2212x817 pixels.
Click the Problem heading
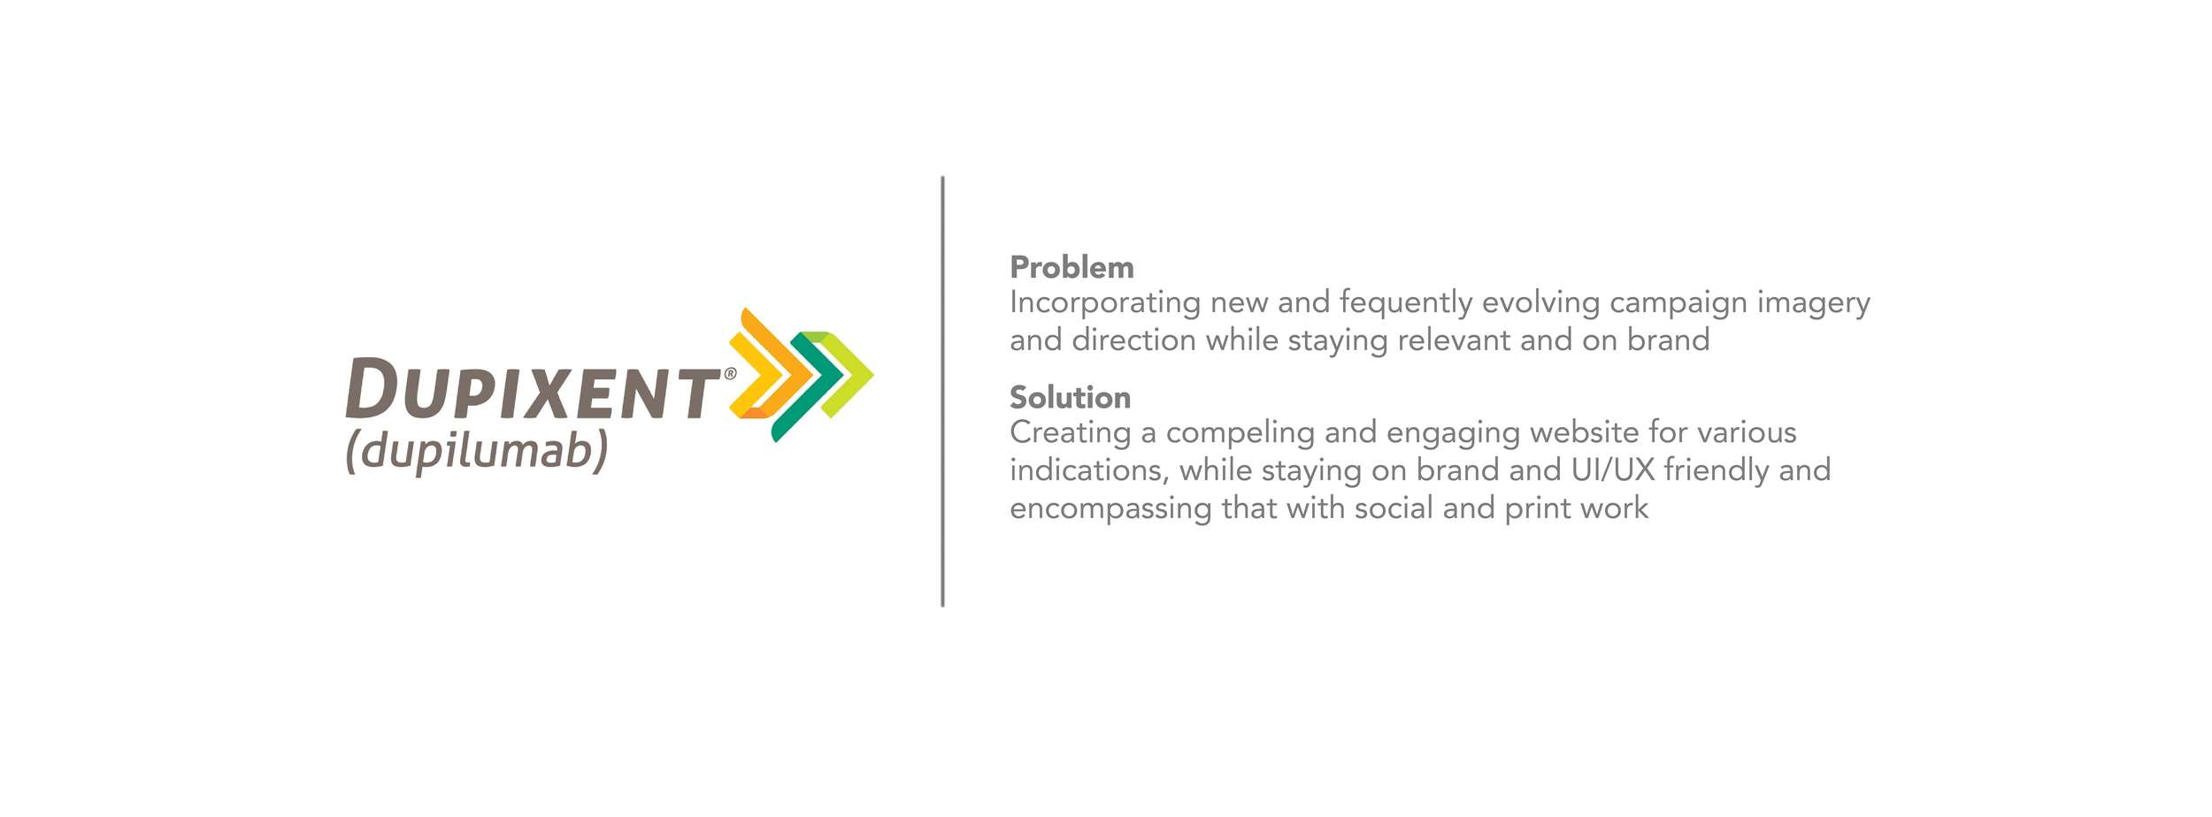tap(1071, 267)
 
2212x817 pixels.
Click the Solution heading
tap(1070, 397)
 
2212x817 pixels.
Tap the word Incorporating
tap(1104, 303)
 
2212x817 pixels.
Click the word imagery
tap(1814, 303)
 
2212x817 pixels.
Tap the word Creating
tap(1071, 433)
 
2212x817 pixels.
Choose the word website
tap(1585, 432)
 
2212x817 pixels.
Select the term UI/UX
tap(1613, 470)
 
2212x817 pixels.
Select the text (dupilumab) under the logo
tap(477, 452)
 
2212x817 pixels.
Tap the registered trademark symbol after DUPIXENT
tap(730, 373)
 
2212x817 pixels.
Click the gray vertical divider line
tap(942, 392)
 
